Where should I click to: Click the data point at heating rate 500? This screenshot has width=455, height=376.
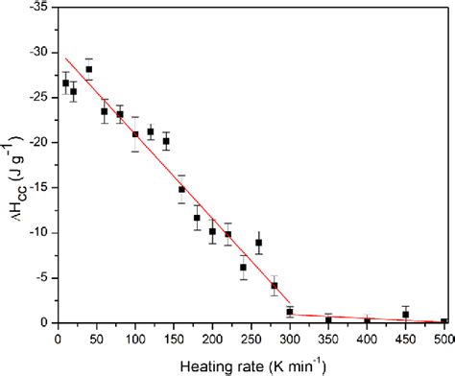pos(443,322)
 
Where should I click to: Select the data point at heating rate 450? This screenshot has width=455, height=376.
pos(405,315)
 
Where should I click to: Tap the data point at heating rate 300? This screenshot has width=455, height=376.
pos(290,312)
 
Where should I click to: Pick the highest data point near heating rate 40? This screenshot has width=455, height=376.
pos(89,69)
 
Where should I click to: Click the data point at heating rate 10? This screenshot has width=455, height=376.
pos(66,82)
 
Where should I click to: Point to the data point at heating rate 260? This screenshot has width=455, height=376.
pos(258,243)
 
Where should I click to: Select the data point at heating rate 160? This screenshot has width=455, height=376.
pos(181,189)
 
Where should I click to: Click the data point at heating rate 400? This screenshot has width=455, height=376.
pos(367,321)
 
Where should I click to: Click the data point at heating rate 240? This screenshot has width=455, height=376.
pos(243,267)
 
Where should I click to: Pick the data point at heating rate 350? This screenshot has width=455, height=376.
pos(328,319)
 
